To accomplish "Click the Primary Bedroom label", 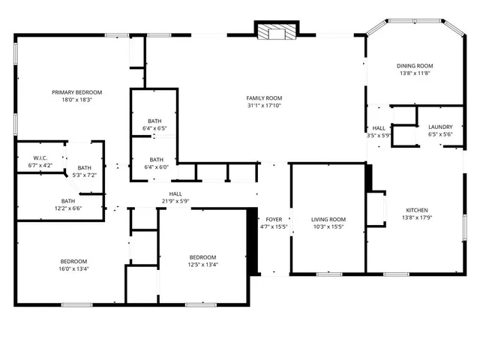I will click(77, 92).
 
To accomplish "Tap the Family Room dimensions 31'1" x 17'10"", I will click(264, 106).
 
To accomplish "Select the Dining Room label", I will click(415, 66).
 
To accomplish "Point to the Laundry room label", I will click(440, 127).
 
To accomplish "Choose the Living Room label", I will click(328, 219).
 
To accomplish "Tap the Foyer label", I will click(274, 219).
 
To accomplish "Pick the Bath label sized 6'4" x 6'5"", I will click(154, 121).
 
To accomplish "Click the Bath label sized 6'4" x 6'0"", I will click(156, 159).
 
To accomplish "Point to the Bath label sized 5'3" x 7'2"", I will click(84, 168).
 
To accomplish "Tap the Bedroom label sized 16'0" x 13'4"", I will click(74, 261).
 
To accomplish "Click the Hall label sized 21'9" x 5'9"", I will click(175, 193).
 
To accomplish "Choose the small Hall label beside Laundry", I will click(379, 128).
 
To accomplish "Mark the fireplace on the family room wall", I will click(276, 31).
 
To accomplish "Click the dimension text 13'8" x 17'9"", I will click(417, 217).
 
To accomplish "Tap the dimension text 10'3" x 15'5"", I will click(328, 226).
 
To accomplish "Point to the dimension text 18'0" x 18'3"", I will click(77, 100).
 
